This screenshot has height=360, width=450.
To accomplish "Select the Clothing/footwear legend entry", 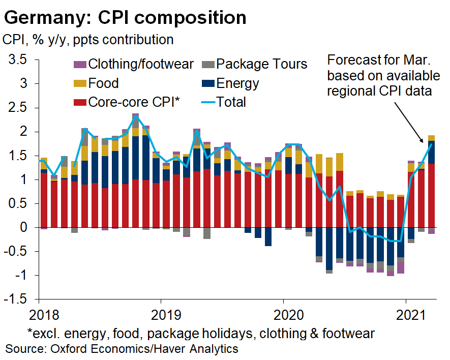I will pos(135,64).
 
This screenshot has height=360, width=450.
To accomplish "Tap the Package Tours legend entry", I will pos(255,64).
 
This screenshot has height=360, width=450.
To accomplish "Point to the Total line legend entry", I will pos(224,102).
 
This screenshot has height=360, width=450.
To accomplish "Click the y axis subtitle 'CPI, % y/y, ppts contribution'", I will pos(88,39).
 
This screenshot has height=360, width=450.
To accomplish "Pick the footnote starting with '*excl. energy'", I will pos(201,334).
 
